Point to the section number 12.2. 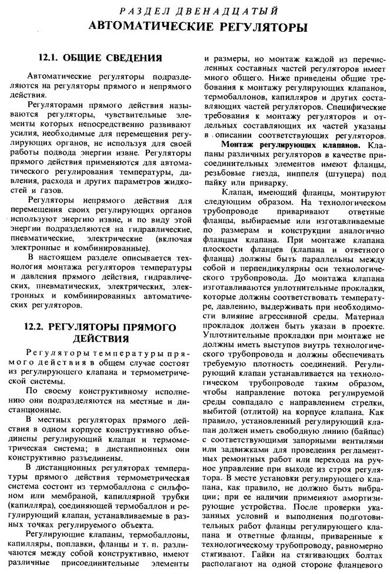pyautogui.click(x=38, y=326)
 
